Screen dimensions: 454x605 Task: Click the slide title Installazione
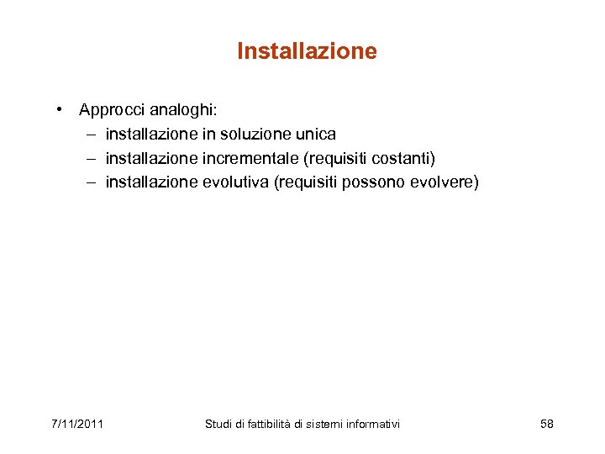[x=307, y=51]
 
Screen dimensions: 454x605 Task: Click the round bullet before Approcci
[x=62, y=109]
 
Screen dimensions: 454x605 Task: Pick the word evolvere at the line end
[x=445, y=182]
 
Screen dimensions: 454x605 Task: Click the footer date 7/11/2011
[x=77, y=424]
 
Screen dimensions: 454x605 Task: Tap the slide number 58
[x=547, y=424]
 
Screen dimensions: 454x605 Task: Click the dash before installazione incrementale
[x=90, y=158]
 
